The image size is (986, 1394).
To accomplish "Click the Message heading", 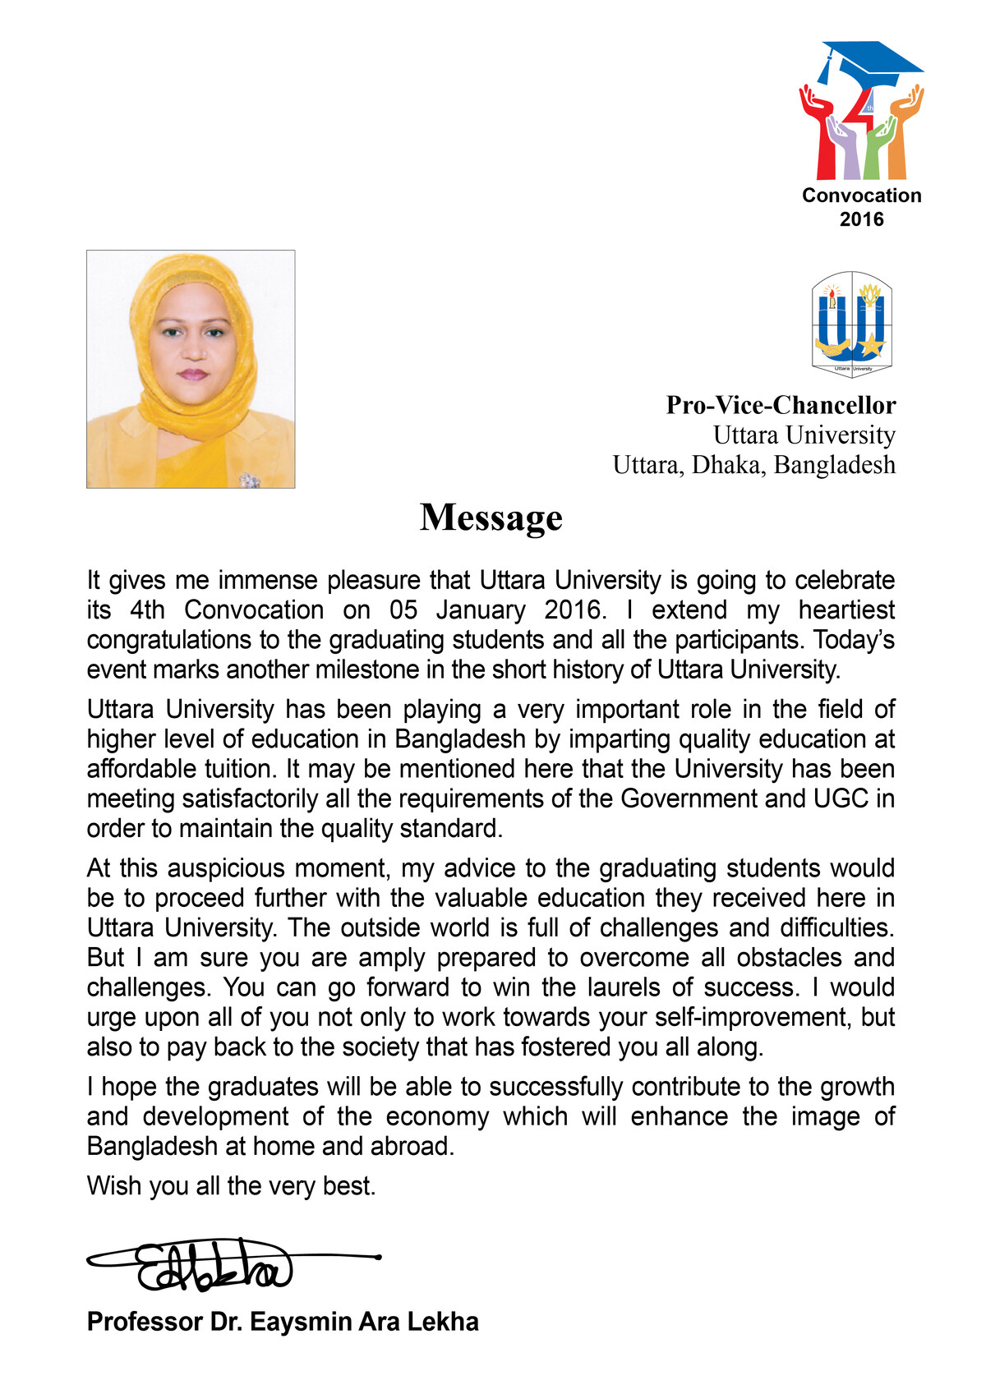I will coord(491,518).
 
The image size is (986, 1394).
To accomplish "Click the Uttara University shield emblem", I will coord(852,324).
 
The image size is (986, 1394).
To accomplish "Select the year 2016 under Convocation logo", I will coord(861,219).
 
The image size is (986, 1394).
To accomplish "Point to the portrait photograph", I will coord(191,369).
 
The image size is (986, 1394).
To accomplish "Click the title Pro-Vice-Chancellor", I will coord(781,405).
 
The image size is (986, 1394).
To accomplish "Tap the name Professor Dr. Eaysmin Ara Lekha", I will coord(283,1322).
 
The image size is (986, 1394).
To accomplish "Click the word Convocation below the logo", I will coord(861,196).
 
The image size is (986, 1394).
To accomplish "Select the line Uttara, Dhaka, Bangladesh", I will coord(753,465).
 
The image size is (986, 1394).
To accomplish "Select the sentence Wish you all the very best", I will coord(231,1186).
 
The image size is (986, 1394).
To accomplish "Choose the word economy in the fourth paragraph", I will coord(437,1117).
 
